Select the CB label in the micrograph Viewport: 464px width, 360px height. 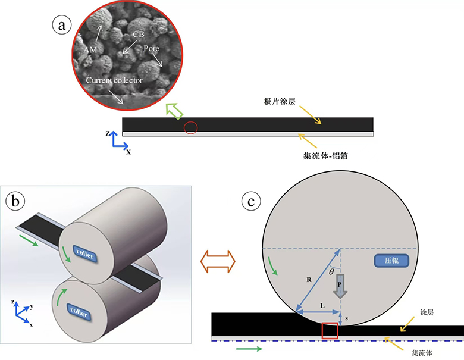tap(138, 35)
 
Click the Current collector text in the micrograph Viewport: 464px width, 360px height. tap(114, 80)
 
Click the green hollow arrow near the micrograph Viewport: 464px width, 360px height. tap(174, 110)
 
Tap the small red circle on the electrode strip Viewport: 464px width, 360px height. tap(190, 127)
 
